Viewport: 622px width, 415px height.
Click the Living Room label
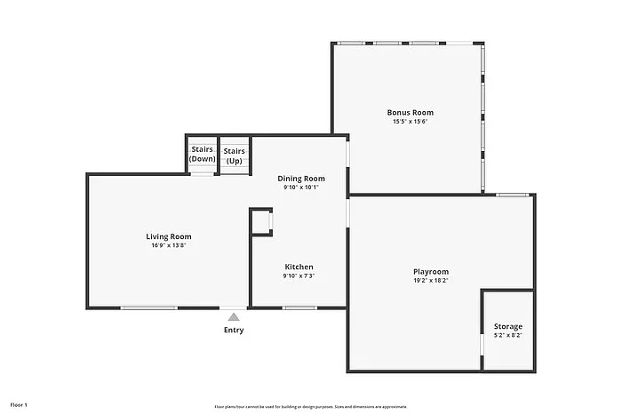pyautogui.click(x=169, y=236)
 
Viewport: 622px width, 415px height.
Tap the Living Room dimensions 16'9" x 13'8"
pyautogui.click(x=169, y=245)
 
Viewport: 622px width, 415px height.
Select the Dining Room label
pyautogui.click(x=301, y=178)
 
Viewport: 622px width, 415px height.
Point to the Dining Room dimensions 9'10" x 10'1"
pyautogui.click(x=301, y=188)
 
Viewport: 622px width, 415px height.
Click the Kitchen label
pyautogui.click(x=299, y=267)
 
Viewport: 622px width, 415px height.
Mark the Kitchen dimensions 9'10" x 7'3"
pyautogui.click(x=299, y=276)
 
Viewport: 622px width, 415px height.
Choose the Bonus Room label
pyautogui.click(x=411, y=112)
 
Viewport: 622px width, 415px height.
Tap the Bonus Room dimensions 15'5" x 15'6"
pyautogui.click(x=411, y=122)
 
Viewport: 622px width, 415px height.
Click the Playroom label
pyautogui.click(x=430, y=271)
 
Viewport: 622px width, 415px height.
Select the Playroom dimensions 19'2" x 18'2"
pyautogui.click(x=430, y=281)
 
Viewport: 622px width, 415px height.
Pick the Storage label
pyautogui.click(x=508, y=326)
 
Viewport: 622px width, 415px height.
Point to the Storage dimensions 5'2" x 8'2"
pyautogui.click(x=508, y=336)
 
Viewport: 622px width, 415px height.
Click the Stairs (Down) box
pyautogui.click(x=202, y=155)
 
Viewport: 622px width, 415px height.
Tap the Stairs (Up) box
pyautogui.click(x=235, y=155)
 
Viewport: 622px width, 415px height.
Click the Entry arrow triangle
pyautogui.click(x=234, y=316)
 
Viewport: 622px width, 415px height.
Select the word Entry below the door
pyautogui.click(x=234, y=331)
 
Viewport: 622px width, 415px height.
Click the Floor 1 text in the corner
pyautogui.click(x=20, y=405)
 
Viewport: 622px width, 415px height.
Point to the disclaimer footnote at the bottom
pyautogui.click(x=311, y=405)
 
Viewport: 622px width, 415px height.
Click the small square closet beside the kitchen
pyautogui.click(x=261, y=222)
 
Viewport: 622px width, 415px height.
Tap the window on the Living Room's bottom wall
pyautogui.click(x=148, y=308)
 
